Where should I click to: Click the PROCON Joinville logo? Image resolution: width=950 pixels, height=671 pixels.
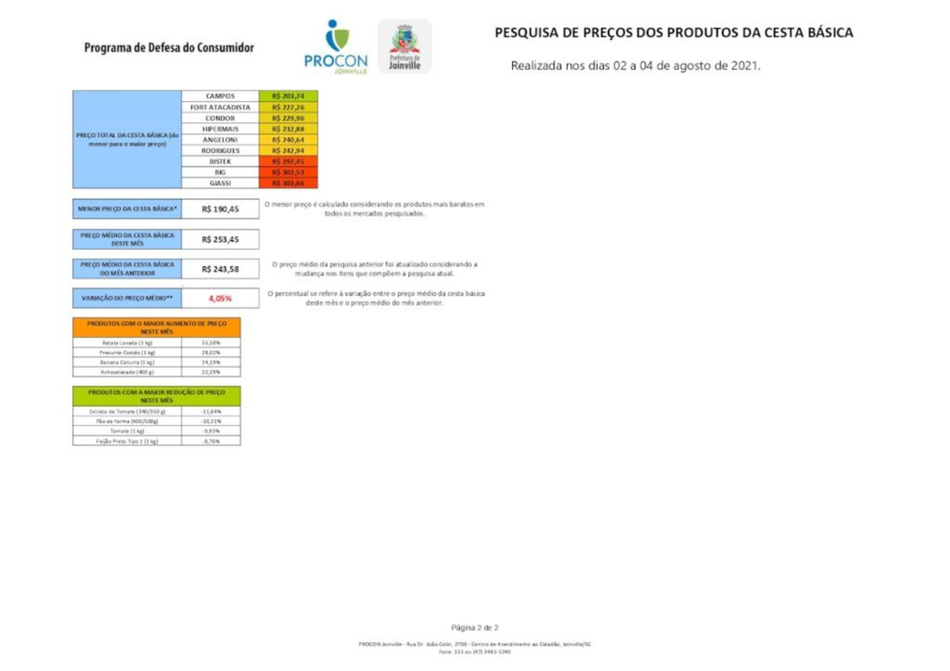pyautogui.click(x=335, y=46)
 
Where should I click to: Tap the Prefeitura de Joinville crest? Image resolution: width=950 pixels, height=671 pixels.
pyautogui.click(x=404, y=46)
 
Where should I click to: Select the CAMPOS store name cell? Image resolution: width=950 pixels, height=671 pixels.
pyautogui.click(x=220, y=96)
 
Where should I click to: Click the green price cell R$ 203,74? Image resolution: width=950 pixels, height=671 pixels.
pyautogui.click(x=289, y=96)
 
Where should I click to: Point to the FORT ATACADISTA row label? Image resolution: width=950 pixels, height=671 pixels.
pyautogui.click(x=220, y=107)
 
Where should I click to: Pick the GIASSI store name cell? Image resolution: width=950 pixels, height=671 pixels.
pyautogui.click(x=220, y=183)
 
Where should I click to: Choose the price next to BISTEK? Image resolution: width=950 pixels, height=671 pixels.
pyautogui.click(x=289, y=161)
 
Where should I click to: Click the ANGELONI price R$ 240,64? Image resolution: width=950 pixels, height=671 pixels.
pyautogui.click(x=289, y=139)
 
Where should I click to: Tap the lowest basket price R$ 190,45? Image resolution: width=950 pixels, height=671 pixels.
pyautogui.click(x=220, y=209)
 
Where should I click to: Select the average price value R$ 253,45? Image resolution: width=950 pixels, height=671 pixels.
pyautogui.click(x=220, y=239)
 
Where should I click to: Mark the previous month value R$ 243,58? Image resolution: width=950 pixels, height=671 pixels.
pyautogui.click(x=220, y=269)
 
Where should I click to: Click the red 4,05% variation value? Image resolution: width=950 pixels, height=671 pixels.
pyautogui.click(x=220, y=298)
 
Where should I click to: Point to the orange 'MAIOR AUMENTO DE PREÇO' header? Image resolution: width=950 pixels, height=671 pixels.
pyautogui.click(x=156, y=327)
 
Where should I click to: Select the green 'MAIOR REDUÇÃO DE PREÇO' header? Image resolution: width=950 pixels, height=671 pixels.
pyautogui.click(x=156, y=395)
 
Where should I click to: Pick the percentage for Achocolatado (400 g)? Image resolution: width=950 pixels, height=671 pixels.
pyautogui.click(x=211, y=371)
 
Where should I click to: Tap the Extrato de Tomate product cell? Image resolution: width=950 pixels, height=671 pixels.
pyautogui.click(x=128, y=411)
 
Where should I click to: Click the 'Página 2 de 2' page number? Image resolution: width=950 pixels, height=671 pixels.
pyautogui.click(x=475, y=628)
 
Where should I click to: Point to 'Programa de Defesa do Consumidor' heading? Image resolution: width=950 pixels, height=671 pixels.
pyautogui.click(x=168, y=47)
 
